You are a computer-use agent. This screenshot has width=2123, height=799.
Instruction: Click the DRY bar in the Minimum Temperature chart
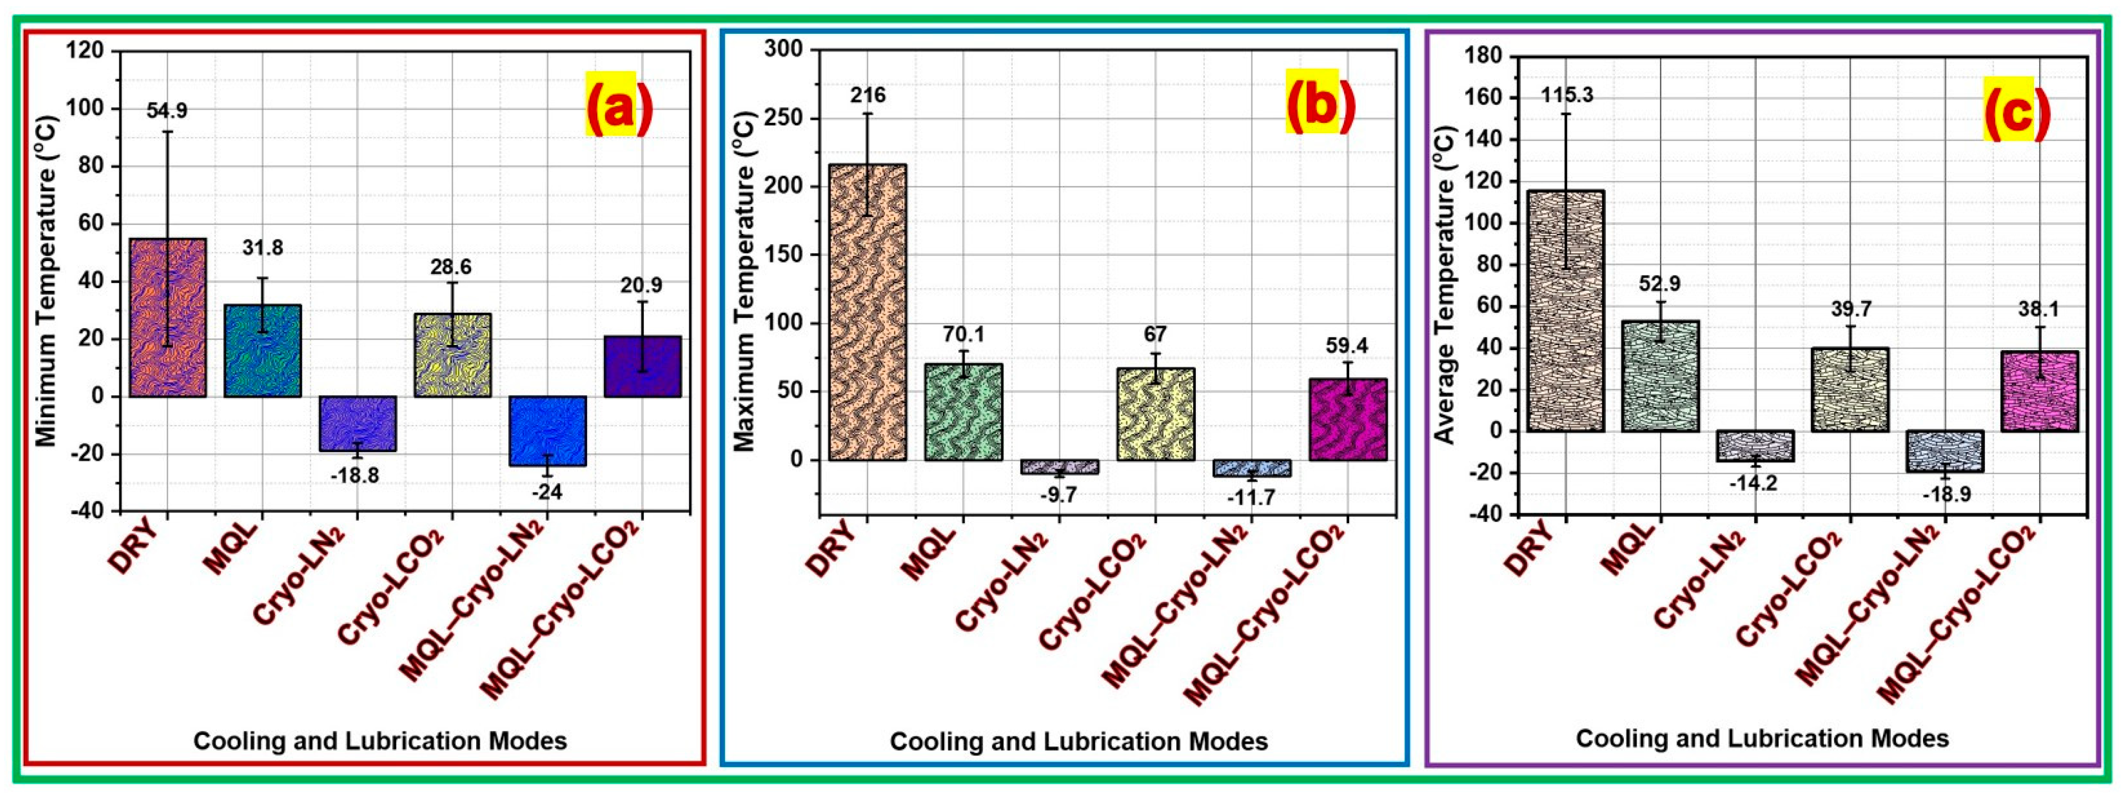(168, 317)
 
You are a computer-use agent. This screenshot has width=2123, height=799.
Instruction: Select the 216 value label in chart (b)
(868, 96)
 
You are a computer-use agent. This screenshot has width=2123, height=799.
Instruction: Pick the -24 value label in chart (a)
(546, 492)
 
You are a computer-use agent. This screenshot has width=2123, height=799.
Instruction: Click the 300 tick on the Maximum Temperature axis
(783, 50)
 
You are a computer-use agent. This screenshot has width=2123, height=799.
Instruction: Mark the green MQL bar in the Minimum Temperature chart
(262, 351)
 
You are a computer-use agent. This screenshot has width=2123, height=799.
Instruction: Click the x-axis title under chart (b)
(1078, 741)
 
